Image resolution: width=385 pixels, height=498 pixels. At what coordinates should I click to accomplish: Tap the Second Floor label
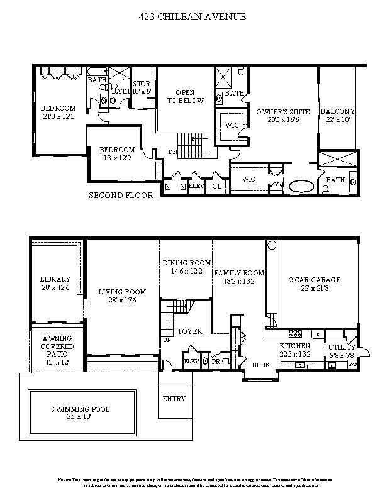(121, 196)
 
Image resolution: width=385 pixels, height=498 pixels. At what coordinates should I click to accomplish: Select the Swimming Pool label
(81, 409)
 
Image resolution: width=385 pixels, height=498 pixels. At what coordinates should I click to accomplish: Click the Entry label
(174, 399)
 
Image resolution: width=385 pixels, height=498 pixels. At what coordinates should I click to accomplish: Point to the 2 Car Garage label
(315, 280)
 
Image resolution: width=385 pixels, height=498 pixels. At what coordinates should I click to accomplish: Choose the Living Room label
(122, 292)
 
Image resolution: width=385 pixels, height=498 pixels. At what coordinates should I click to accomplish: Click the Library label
(55, 279)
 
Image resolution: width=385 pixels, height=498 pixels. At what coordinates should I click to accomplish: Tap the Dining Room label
(186, 263)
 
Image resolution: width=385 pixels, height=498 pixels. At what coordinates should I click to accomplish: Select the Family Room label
(238, 273)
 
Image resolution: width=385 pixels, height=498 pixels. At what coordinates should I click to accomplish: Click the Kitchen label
(295, 346)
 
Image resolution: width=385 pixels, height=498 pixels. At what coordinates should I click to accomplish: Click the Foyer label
(189, 331)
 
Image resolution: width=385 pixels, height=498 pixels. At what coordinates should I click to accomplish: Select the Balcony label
(338, 112)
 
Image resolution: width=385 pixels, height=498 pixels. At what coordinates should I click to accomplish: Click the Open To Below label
(185, 96)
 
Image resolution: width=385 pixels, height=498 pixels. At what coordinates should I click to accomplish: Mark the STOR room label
(142, 84)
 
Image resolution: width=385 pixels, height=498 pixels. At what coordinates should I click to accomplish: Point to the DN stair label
(172, 152)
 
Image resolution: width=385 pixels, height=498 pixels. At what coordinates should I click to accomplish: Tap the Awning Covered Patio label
(58, 346)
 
